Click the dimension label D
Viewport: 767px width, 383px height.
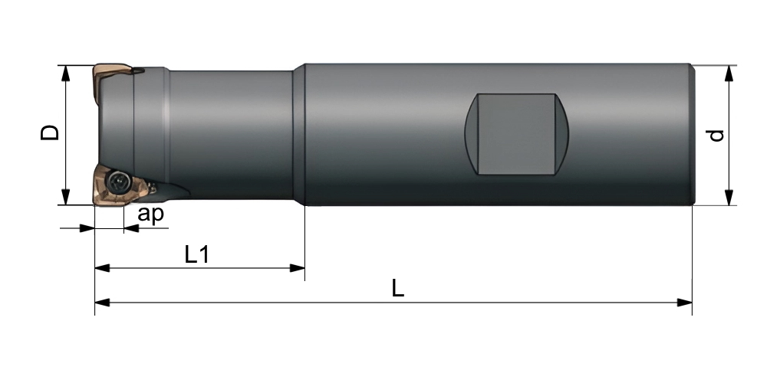49,133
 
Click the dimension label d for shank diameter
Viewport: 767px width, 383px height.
716,136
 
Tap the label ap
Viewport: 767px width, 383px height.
150,214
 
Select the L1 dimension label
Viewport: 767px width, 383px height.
197,254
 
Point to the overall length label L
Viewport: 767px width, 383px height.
398,289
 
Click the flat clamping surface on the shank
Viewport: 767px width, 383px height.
516,133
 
